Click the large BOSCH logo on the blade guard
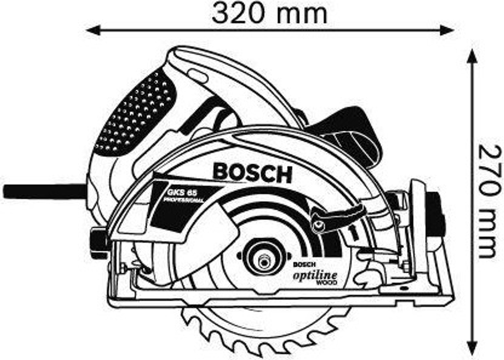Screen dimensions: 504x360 252,173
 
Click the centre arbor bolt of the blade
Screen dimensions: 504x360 263,260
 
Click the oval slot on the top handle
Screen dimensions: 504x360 197,75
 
